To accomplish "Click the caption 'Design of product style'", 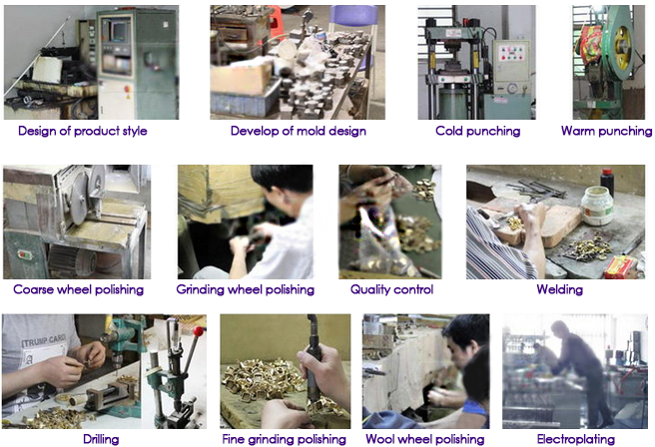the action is click(x=83, y=131).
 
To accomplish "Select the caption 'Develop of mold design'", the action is click(x=299, y=131).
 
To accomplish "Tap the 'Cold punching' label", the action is click(x=478, y=131).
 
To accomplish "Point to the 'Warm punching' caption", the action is click(x=606, y=131).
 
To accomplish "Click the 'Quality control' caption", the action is click(x=391, y=289).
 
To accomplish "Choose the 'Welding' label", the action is click(x=560, y=289).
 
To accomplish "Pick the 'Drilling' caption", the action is click(x=101, y=439).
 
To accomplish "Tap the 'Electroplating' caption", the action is click(x=576, y=439).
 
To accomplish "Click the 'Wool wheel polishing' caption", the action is click(x=425, y=439).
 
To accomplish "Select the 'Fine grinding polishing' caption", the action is click(x=284, y=439).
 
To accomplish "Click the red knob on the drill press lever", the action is click(x=199, y=331).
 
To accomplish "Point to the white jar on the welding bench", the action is click(x=597, y=206).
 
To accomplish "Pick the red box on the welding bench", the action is click(x=620, y=267).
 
